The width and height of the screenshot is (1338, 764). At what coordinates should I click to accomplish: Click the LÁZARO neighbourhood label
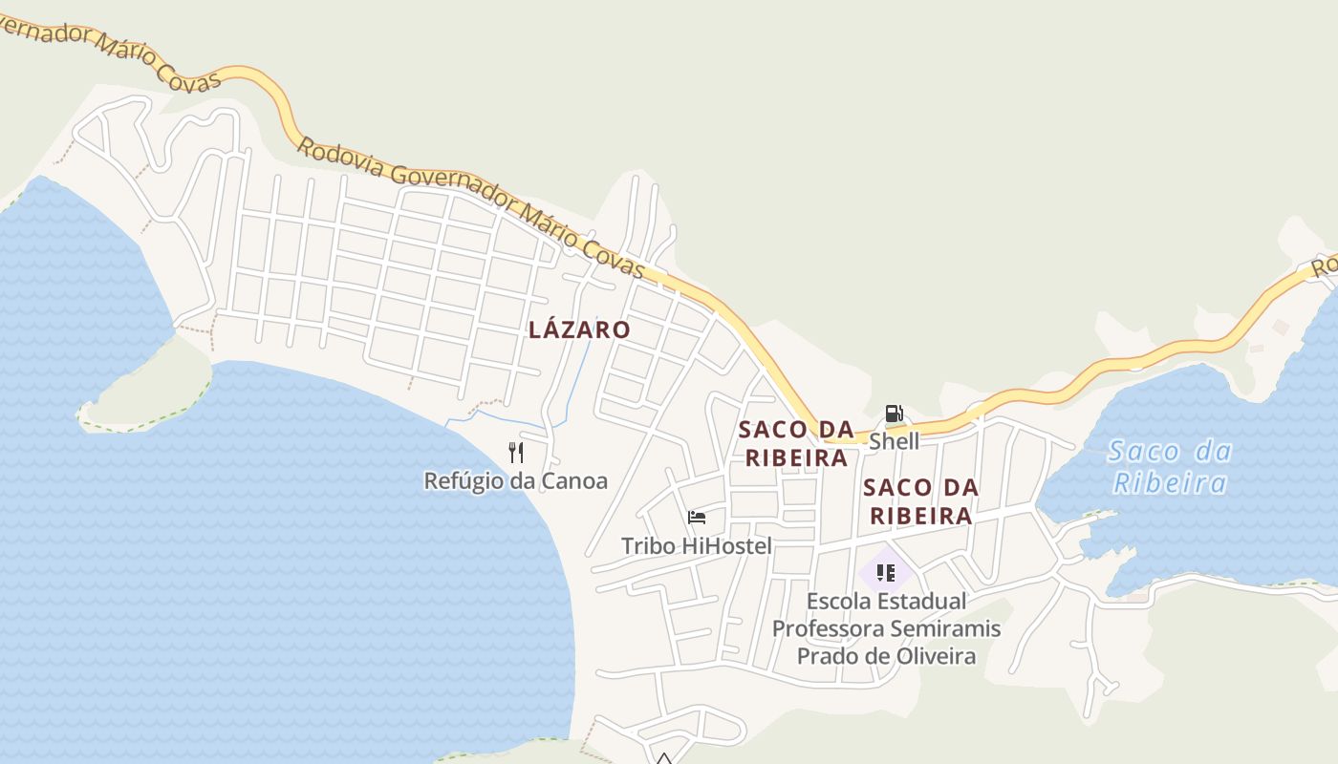click(x=579, y=330)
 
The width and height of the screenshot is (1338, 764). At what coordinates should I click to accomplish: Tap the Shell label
click(x=894, y=441)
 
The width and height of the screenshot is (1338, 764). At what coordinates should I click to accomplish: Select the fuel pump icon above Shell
click(x=894, y=414)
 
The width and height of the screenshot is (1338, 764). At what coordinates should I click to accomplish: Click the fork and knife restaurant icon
click(x=516, y=452)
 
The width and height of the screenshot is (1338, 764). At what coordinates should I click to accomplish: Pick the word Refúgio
click(x=464, y=480)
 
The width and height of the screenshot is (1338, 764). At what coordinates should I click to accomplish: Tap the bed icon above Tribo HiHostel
click(x=697, y=518)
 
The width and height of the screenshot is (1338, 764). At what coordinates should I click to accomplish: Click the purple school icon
click(x=885, y=573)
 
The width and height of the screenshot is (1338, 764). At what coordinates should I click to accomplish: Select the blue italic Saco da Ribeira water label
click(x=1170, y=466)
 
